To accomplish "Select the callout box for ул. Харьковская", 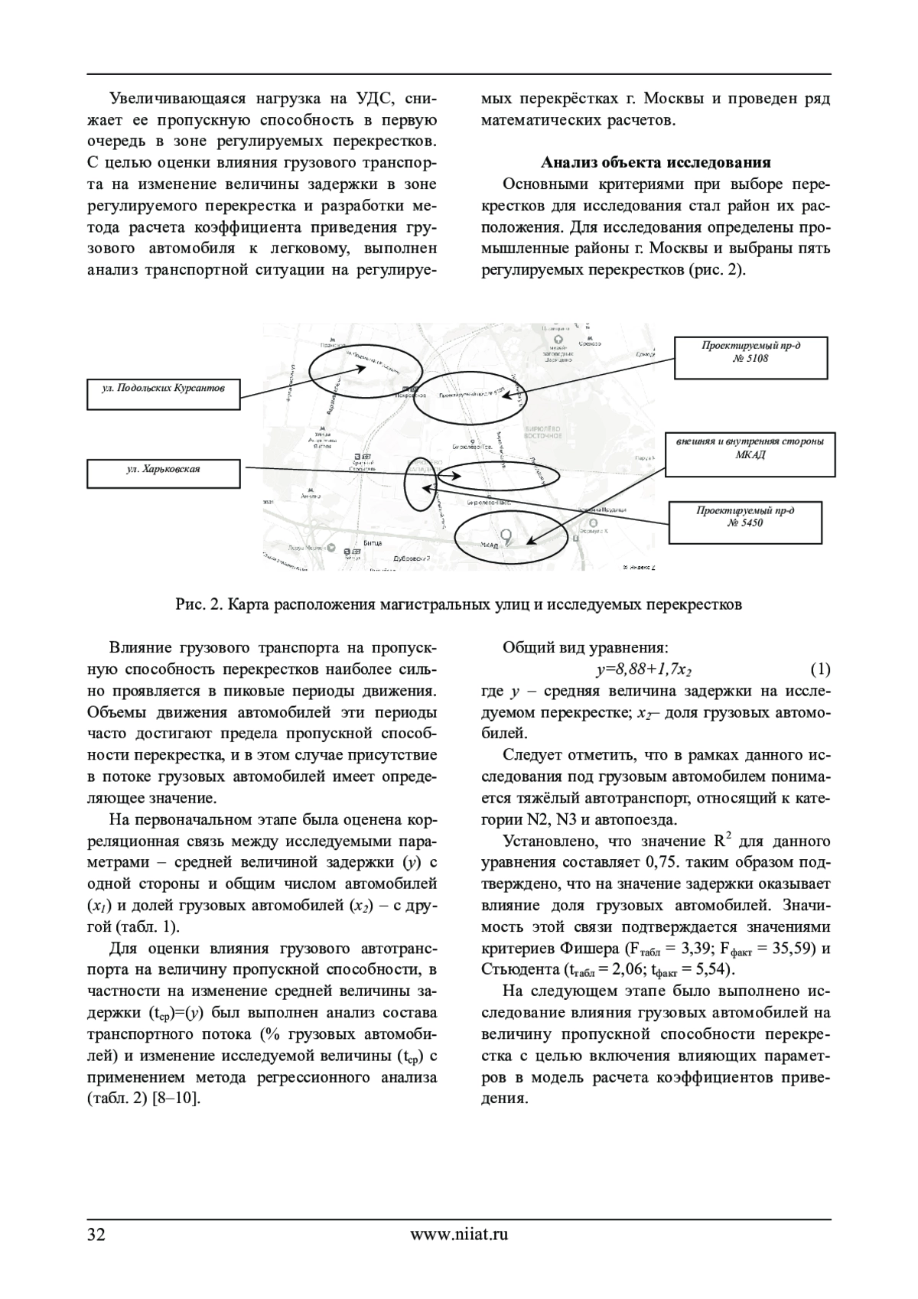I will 163,473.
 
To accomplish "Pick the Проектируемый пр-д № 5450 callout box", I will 745,523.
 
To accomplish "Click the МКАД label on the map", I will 489,545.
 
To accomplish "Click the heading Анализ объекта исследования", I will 656,163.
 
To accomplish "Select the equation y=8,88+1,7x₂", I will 644,670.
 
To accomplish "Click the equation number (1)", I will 819,670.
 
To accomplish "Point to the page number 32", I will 96,1234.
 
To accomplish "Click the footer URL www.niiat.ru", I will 459,1234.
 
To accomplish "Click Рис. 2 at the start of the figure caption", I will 198,604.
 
